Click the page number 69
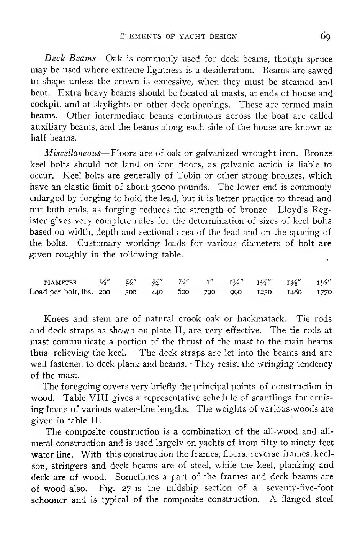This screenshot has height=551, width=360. click(326, 36)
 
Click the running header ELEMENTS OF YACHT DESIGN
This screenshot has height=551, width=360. click(178, 37)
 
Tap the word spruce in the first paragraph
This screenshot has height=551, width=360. click(319, 59)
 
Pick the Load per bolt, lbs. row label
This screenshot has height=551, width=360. click(61, 292)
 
